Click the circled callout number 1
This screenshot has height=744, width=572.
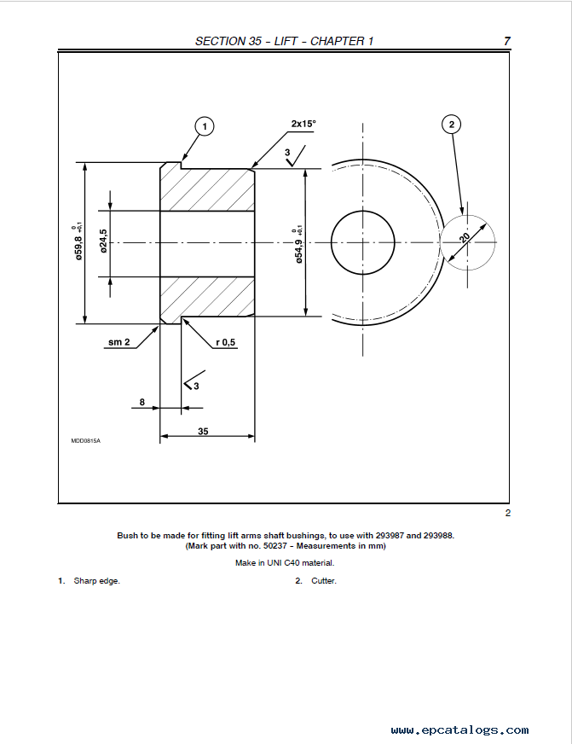205,126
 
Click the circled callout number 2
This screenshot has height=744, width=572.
451,125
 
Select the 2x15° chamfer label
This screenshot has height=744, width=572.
303,124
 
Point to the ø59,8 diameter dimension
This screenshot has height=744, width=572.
78,241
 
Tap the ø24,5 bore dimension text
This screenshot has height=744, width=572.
103,241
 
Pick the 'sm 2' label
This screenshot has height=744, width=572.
119,342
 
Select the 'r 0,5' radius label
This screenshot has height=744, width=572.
226,343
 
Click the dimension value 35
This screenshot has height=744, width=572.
203,432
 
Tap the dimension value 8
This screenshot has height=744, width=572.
142,403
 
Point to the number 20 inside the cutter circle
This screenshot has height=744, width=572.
464,237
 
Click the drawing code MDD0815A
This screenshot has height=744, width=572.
86,441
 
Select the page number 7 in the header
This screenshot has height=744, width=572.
507,41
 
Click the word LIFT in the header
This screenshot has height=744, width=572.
286,41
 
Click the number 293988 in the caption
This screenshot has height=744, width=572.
438,535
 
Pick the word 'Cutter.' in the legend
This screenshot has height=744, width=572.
324,581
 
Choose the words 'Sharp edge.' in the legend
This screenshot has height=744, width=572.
96,581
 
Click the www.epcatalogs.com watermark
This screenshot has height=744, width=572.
459,729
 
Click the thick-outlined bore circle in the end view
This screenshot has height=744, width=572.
331,242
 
